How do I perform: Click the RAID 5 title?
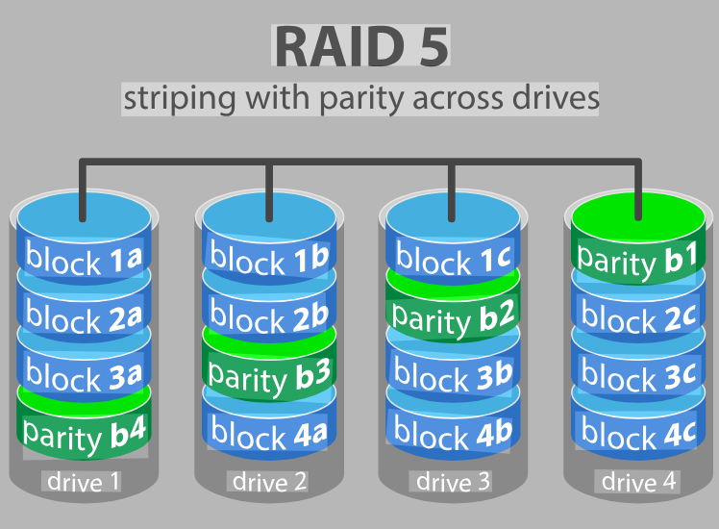click(361, 46)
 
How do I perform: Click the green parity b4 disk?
click(84, 435)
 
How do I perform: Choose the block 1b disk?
click(268, 258)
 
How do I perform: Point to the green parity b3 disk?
click(268, 373)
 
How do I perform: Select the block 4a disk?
click(268, 433)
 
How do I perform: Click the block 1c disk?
click(452, 258)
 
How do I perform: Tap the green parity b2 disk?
click(452, 316)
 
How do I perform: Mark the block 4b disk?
click(452, 435)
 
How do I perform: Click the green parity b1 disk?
click(637, 258)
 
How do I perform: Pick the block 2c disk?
click(637, 316)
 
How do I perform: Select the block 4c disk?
click(637, 435)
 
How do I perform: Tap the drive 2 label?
click(268, 481)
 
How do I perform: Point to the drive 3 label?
click(452, 481)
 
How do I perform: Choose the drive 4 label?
click(637, 481)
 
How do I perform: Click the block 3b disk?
click(452, 376)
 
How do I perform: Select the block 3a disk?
click(84, 376)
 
